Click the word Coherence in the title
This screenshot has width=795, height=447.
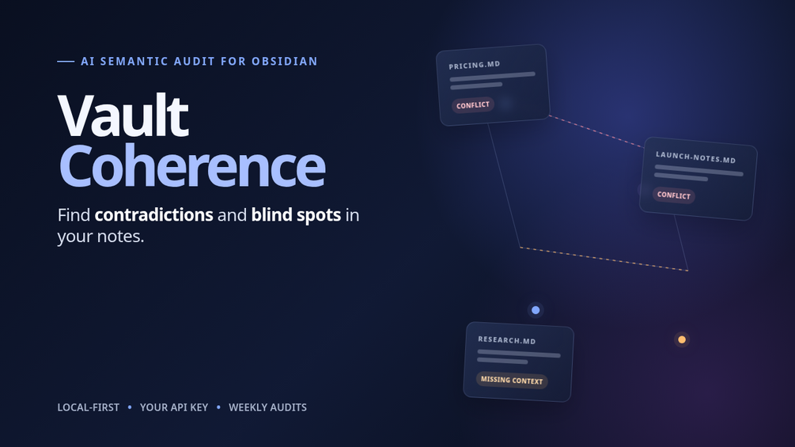pos(192,165)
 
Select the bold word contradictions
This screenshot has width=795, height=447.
pos(153,215)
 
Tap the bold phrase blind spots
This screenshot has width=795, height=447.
pos(296,215)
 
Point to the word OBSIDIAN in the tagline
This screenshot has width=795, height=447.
pos(285,62)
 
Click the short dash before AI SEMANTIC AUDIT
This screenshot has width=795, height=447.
pos(66,62)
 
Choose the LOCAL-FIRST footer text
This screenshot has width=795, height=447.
pos(89,407)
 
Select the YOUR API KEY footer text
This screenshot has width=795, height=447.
pos(174,407)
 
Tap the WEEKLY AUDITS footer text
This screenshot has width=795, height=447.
pos(267,407)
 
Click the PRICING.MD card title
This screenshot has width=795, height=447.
pos(475,65)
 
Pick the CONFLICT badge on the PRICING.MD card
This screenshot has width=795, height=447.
pos(473,105)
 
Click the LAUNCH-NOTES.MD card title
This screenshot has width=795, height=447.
pos(695,157)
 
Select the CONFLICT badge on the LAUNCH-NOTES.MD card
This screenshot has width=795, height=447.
pos(674,195)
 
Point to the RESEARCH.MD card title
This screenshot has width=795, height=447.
pos(507,340)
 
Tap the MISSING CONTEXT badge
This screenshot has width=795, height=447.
pos(512,380)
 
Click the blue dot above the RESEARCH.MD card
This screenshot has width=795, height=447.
pos(536,310)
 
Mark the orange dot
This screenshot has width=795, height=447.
pos(682,339)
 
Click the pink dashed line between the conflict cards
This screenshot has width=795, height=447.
pos(596,132)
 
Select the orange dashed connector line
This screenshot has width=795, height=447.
pos(604,259)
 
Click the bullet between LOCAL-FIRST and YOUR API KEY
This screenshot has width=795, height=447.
pos(130,407)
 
